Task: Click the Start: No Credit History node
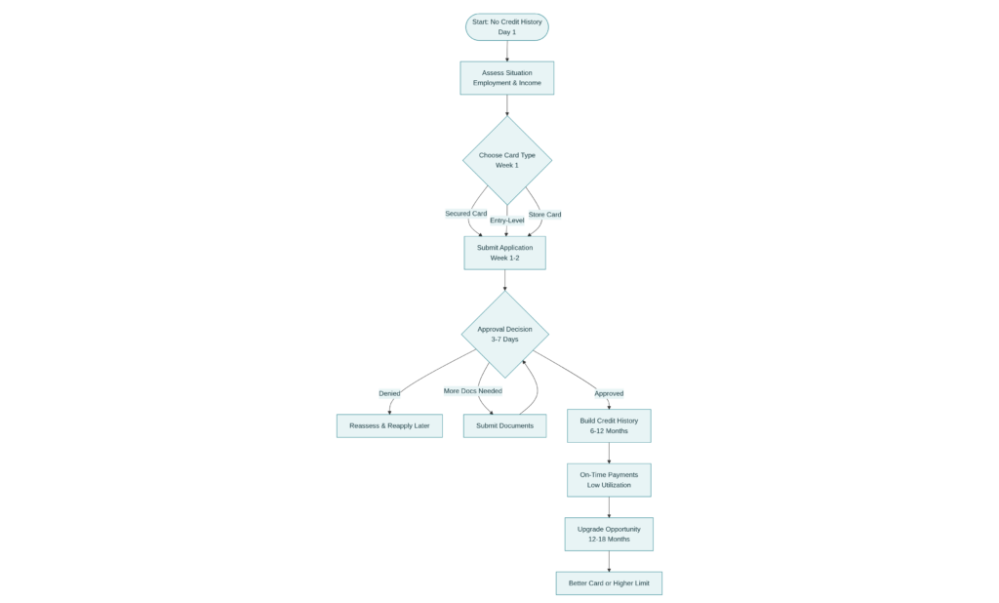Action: click(506, 26)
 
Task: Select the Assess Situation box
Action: click(506, 78)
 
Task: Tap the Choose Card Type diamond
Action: click(506, 160)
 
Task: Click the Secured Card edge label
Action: click(465, 213)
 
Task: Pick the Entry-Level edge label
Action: click(506, 221)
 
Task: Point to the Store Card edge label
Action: click(544, 214)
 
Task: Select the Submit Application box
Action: click(504, 253)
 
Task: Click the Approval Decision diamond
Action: click(504, 334)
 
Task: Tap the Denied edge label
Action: click(389, 393)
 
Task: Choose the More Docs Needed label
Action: click(473, 390)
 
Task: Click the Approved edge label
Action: click(609, 393)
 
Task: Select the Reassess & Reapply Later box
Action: click(389, 426)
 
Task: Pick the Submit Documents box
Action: click(504, 426)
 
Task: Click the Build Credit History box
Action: click(609, 425)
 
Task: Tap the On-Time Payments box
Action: click(609, 479)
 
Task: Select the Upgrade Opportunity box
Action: click(609, 534)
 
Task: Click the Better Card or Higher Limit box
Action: click(609, 583)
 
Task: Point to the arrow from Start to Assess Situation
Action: click(506, 52)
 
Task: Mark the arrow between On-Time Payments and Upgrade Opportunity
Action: click(609, 506)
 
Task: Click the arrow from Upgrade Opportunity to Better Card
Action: click(609, 561)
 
